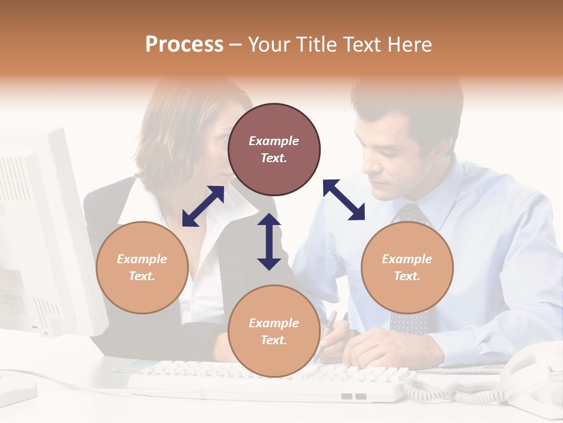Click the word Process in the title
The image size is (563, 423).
[x=184, y=44]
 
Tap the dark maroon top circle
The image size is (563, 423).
[x=274, y=149]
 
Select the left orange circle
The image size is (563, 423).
[x=142, y=267]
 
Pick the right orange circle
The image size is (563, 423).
[x=407, y=267]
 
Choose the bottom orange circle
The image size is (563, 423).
[x=274, y=331]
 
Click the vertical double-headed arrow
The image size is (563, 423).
[x=269, y=241]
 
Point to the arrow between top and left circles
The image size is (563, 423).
[x=203, y=206]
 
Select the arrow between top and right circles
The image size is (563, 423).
[x=344, y=200]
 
